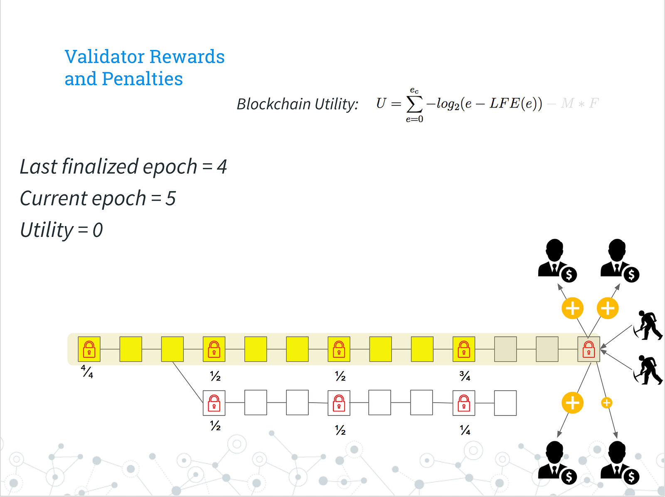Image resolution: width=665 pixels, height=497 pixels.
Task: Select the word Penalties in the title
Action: point(142,79)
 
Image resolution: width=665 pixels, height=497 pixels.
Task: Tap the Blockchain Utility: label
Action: point(297,104)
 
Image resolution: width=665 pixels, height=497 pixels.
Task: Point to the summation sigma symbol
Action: point(414,104)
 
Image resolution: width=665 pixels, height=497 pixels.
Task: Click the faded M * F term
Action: point(579,103)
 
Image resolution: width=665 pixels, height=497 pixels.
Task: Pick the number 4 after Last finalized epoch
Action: point(222,167)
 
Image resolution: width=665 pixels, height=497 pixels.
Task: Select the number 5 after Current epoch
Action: point(171,199)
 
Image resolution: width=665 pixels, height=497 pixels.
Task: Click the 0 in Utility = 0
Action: point(98,230)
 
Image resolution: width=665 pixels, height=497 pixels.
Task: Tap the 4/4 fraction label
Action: point(87,372)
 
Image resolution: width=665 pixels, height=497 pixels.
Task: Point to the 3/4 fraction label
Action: point(465,376)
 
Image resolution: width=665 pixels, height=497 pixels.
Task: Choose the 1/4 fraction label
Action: point(465,430)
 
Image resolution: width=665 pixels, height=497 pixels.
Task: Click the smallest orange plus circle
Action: point(606,403)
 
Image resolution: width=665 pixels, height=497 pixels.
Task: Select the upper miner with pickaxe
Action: point(648,325)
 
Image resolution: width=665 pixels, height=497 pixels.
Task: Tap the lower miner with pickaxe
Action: point(648,369)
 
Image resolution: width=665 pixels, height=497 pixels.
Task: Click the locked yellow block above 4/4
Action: point(89,349)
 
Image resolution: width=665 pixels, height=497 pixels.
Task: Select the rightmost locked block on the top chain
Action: point(589,349)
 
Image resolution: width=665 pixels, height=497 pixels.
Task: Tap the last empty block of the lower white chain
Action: point(505,403)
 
